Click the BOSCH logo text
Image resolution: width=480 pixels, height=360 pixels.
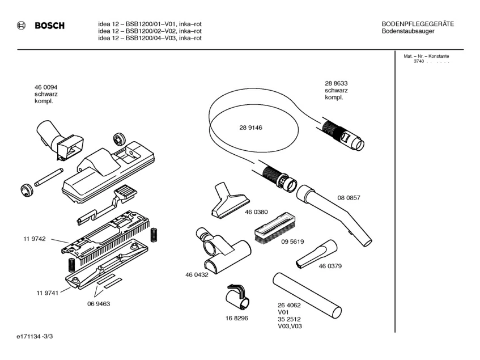[x=49, y=26]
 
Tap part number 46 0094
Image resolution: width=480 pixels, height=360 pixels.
[x=46, y=87]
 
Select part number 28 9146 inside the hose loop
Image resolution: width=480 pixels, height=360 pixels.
[x=250, y=128]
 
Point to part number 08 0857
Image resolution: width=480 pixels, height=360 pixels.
[x=349, y=198]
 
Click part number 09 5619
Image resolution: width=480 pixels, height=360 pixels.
[x=292, y=242]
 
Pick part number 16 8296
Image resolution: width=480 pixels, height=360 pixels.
[x=237, y=318]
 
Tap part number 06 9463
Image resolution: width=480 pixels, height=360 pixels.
[x=98, y=303]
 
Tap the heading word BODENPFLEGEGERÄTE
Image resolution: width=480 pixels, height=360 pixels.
[x=418, y=24]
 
